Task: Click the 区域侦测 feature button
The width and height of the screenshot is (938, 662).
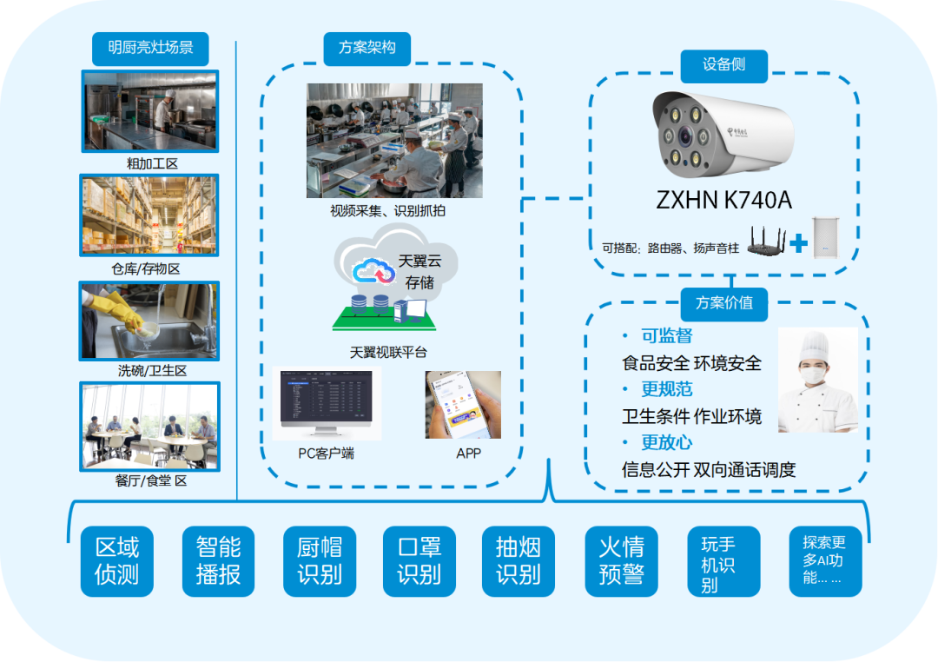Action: (117, 561)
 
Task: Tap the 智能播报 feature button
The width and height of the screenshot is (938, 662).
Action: (218, 561)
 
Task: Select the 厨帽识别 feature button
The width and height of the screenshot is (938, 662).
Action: (320, 561)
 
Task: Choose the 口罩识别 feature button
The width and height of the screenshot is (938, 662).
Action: (419, 561)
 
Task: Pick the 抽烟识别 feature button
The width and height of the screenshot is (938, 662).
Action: (519, 561)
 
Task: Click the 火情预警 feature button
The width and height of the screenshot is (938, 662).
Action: (622, 561)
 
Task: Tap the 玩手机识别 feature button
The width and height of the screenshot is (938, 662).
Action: (723, 561)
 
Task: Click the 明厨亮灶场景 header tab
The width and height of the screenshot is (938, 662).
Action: (150, 49)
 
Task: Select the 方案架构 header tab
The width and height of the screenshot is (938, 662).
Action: (367, 49)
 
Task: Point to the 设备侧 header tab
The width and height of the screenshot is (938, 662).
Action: (723, 66)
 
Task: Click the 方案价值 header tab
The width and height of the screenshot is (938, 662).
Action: (723, 304)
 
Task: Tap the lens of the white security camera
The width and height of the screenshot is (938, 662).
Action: (685, 137)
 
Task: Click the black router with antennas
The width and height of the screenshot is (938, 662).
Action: (766, 242)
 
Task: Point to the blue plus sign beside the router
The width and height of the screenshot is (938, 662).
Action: (799, 243)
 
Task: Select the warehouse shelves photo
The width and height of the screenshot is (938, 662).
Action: (149, 215)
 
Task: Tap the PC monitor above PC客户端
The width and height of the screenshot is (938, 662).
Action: (327, 402)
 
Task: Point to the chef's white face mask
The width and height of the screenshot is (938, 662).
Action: (814, 374)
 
